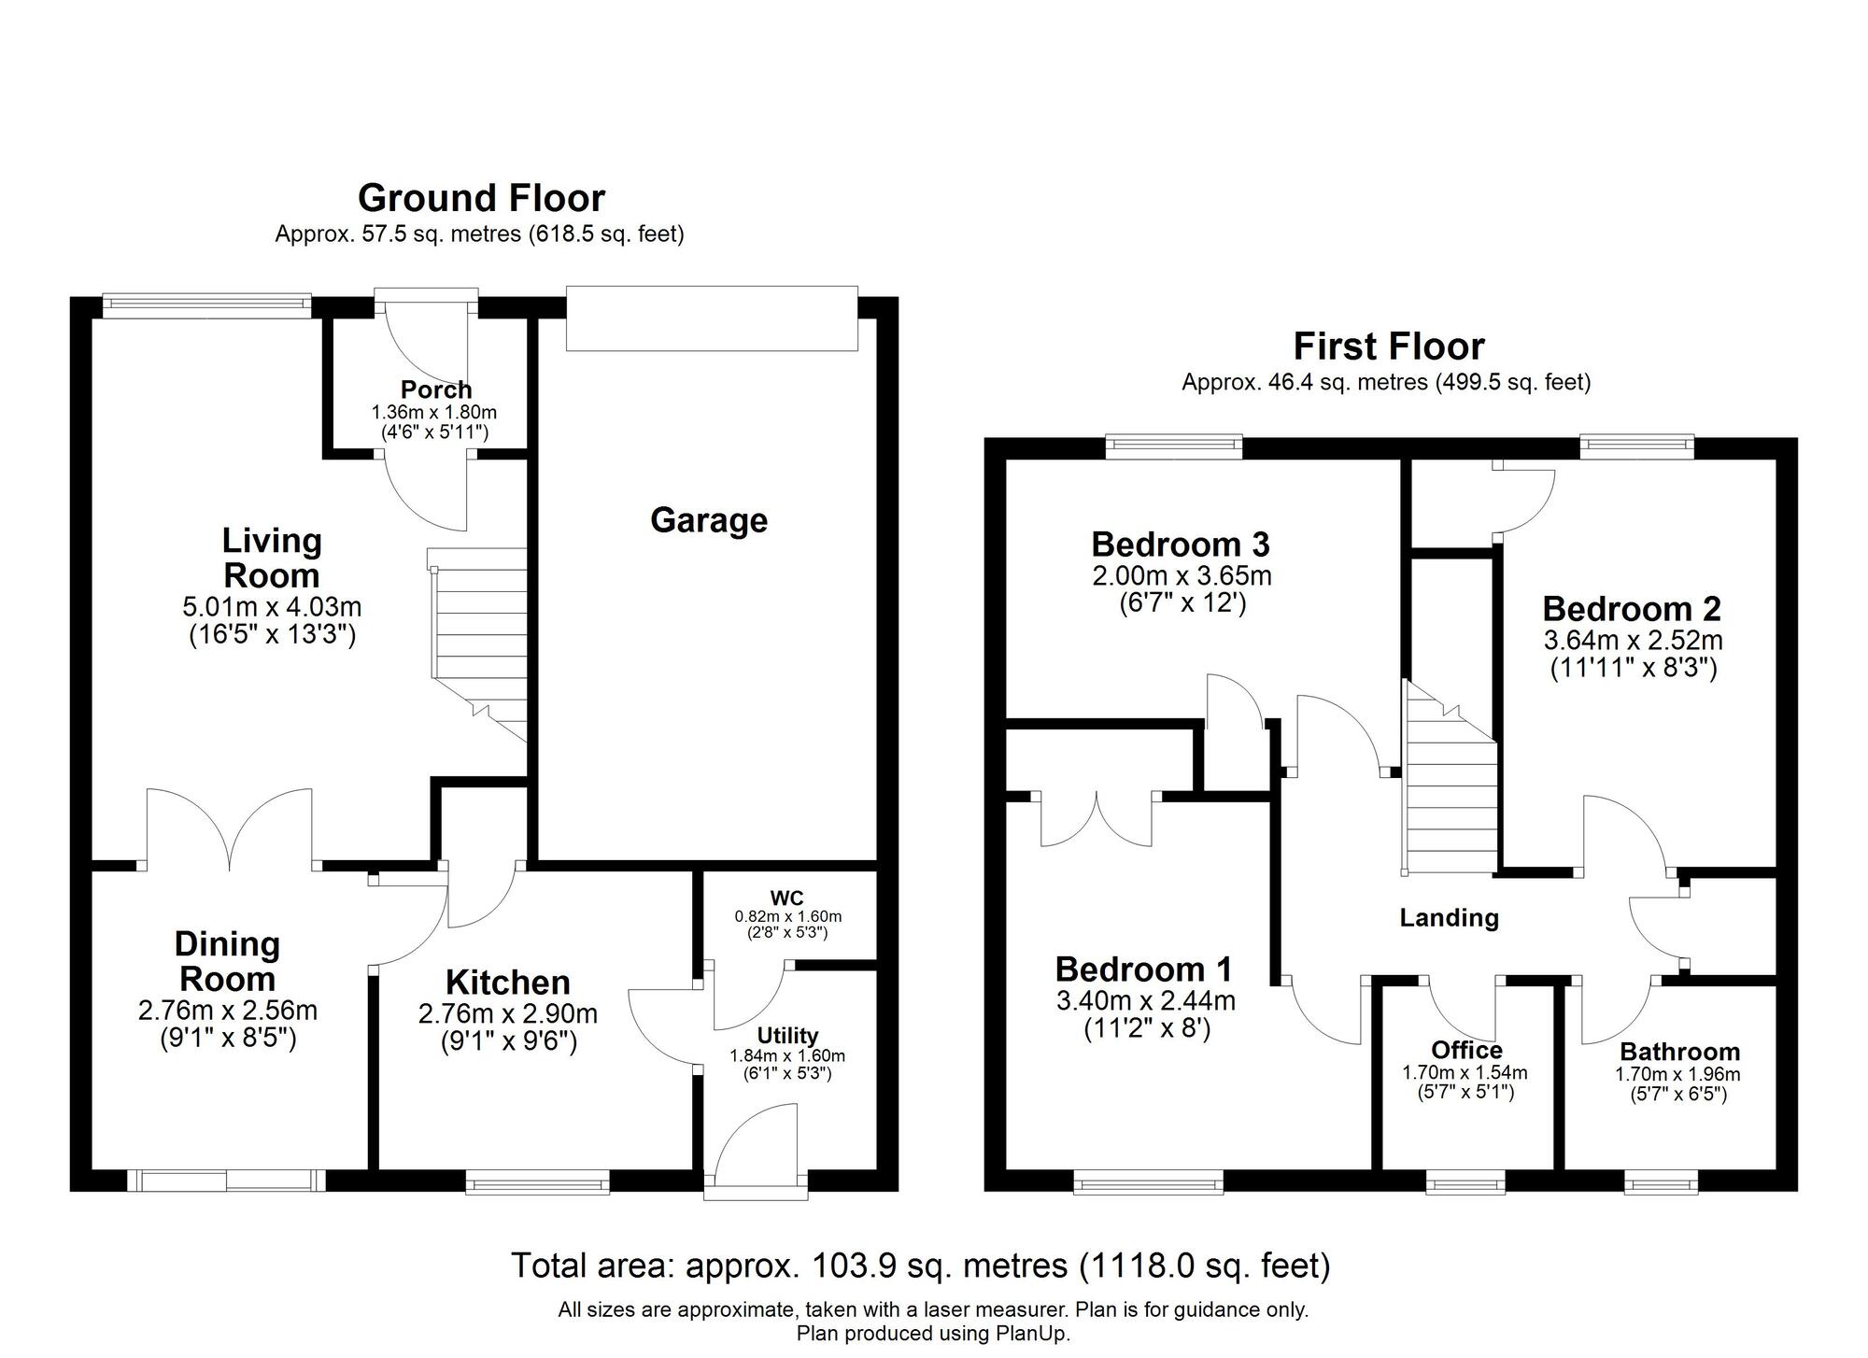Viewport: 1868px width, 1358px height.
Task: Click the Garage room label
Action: (x=709, y=521)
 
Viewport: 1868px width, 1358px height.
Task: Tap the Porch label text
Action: (x=436, y=389)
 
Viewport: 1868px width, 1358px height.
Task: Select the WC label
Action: (x=787, y=899)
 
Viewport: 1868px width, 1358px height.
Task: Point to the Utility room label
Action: (x=787, y=1036)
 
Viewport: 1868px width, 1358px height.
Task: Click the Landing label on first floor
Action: (x=1449, y=918)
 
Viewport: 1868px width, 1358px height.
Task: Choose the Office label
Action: (x=1465, y=1051)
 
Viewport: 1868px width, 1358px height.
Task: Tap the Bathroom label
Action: (x=1679, y=1052)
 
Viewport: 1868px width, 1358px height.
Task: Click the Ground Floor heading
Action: (x=481, y=198)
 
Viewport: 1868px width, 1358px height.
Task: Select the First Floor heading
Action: (x=1389, y=347)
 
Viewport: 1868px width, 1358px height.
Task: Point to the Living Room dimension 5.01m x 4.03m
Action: (x=272, y=607)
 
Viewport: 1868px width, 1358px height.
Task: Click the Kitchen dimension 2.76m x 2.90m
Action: (x=508, y=1013)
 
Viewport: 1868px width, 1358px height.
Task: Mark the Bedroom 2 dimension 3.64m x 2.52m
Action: (x=1633, y=641)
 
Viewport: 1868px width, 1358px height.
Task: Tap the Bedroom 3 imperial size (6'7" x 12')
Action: (x=1182, y=603)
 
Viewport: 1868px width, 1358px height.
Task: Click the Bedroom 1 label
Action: (x=1144, y=969)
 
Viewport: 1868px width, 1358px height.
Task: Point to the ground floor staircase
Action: (x=477, y=645)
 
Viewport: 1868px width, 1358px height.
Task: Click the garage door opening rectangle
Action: (x=712, y=318)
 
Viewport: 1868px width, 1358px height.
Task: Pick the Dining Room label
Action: (x=227, y=962)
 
